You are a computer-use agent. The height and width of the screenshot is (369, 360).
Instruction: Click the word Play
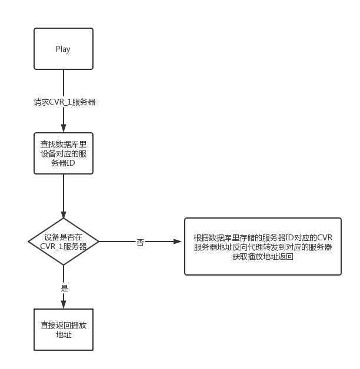63,49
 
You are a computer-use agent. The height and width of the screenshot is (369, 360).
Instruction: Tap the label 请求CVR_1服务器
64,102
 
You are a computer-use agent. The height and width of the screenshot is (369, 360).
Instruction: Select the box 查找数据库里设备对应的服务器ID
63,153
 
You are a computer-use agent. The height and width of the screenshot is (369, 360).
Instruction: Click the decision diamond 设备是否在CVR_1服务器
63,241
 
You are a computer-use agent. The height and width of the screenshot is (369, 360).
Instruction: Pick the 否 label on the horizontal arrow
141,241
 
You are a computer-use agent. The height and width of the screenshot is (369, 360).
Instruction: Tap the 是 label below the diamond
64,288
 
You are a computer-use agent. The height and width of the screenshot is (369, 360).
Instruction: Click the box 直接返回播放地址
63,329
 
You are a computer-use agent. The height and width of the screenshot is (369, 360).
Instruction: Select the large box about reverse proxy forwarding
262,247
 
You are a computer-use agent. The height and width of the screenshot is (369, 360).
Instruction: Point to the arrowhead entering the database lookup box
64,129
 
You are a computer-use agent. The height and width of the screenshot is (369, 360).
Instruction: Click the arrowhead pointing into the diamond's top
64,215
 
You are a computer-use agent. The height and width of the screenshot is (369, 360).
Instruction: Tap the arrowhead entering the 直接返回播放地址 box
64,304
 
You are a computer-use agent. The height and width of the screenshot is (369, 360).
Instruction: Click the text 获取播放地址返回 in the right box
262,257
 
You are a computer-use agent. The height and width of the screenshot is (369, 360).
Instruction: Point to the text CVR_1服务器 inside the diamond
63,246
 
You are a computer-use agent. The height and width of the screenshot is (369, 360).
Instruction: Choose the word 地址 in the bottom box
63,334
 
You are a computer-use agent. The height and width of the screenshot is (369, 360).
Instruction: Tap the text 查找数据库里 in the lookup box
63,143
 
